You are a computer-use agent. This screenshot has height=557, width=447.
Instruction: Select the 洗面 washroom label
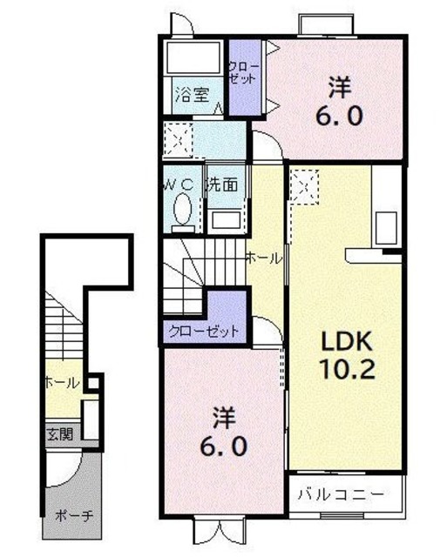tap(222, 185)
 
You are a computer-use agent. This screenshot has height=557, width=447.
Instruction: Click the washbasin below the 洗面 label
tap(226, 218)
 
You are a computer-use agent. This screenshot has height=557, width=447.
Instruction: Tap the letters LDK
tap(341, 339)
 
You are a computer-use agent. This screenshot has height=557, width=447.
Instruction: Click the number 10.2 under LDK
tap(345, 369)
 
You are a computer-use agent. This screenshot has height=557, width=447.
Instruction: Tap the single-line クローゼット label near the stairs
tap(201, 332)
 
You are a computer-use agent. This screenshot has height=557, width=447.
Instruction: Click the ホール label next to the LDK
tap(262, 258)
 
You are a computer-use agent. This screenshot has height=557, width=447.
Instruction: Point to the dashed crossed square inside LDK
tap(305, 184)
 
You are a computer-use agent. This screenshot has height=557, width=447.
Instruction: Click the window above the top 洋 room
tap(327, 24)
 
